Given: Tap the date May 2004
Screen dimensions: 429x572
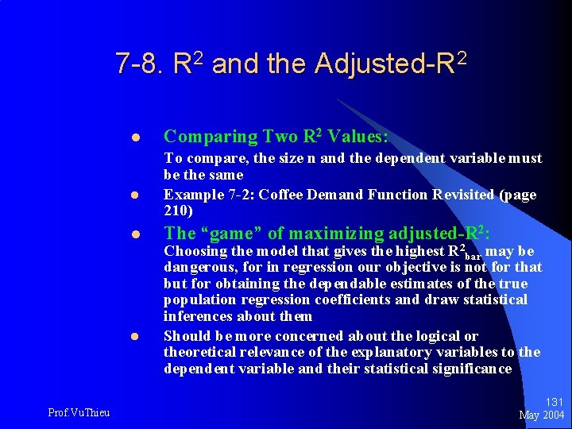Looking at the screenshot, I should click(542, 415).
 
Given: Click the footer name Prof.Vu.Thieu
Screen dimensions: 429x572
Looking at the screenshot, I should click(79, 412).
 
